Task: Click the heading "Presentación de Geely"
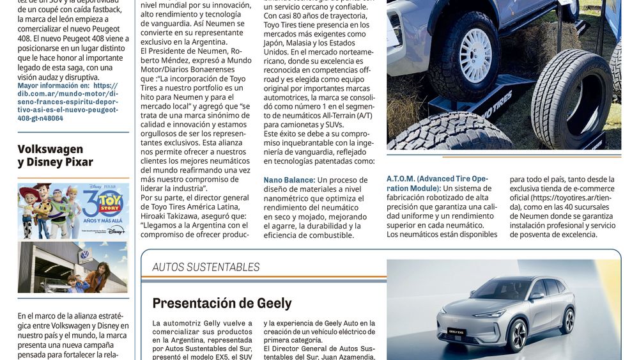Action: coord(222,303)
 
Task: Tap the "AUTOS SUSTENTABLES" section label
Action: coord(206,267)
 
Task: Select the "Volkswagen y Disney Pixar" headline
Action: coord(55,155)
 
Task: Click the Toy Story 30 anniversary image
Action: coord(73,211)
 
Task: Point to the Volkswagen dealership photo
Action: coord(73,267)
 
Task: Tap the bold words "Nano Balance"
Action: coord(289,180)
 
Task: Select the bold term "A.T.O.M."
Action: coord(401,179)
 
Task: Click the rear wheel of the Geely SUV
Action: coord(566,319)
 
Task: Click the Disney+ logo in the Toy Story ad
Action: coord(116,231)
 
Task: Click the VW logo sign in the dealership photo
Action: coord(84,254)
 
